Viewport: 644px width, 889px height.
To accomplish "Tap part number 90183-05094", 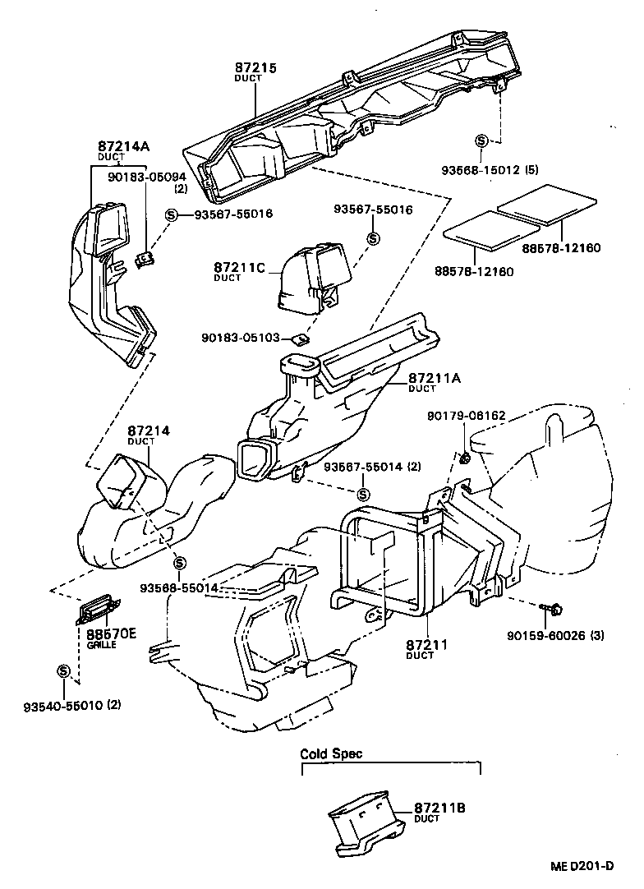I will (x=147, y=176).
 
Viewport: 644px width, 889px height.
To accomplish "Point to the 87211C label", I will (x=237, y=268).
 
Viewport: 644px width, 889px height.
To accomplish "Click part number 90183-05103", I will (x=241, y=338).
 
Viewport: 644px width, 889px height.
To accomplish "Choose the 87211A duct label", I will (x=435, y=379).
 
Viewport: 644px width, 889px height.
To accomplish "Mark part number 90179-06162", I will (x=466, y=417).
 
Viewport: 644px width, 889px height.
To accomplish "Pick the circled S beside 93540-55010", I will (x=62, y=671).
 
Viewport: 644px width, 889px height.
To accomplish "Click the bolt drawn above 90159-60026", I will (x=554, y=609).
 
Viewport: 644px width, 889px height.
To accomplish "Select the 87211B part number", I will (x=439, y=808).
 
